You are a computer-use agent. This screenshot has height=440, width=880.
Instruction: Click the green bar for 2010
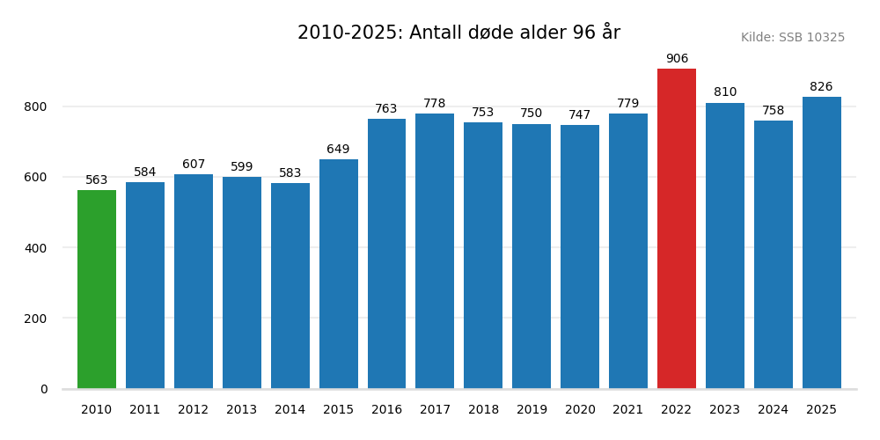coord(97,290)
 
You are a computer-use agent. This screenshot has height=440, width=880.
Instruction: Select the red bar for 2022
coord(677,229)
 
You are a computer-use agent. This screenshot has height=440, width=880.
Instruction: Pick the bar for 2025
coord(821,243)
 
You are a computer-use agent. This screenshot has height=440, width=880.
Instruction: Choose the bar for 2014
coord(290,286)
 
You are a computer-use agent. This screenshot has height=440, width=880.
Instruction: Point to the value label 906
coord(677,59)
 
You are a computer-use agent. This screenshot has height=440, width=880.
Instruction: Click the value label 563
coord(97,180)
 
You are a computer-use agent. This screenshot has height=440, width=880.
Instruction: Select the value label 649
coord(338,150)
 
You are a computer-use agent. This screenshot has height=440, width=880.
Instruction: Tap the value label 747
coord(580,115)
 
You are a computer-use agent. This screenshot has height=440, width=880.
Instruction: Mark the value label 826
coord(821,87)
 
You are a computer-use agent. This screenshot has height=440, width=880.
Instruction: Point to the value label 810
coord(725,92)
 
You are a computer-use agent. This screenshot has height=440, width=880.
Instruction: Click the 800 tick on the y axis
coord(36,106)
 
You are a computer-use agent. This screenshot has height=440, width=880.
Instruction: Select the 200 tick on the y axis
coord(36,319)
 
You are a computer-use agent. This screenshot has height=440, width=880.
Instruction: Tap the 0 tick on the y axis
coord(44,389)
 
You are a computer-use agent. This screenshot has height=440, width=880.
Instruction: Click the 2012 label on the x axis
coord(194,410)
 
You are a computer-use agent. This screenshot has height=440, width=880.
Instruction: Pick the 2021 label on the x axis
coord(628,410)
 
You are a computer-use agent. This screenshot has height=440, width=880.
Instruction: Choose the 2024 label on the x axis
coord(774,410)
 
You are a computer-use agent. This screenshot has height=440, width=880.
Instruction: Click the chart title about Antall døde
coord(458,33)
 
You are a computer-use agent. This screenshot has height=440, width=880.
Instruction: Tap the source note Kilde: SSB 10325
coord(792,38)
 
